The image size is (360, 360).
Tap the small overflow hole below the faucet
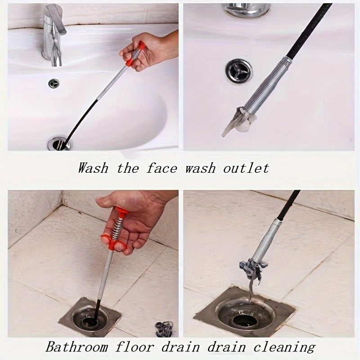click(x=54, y=83)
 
